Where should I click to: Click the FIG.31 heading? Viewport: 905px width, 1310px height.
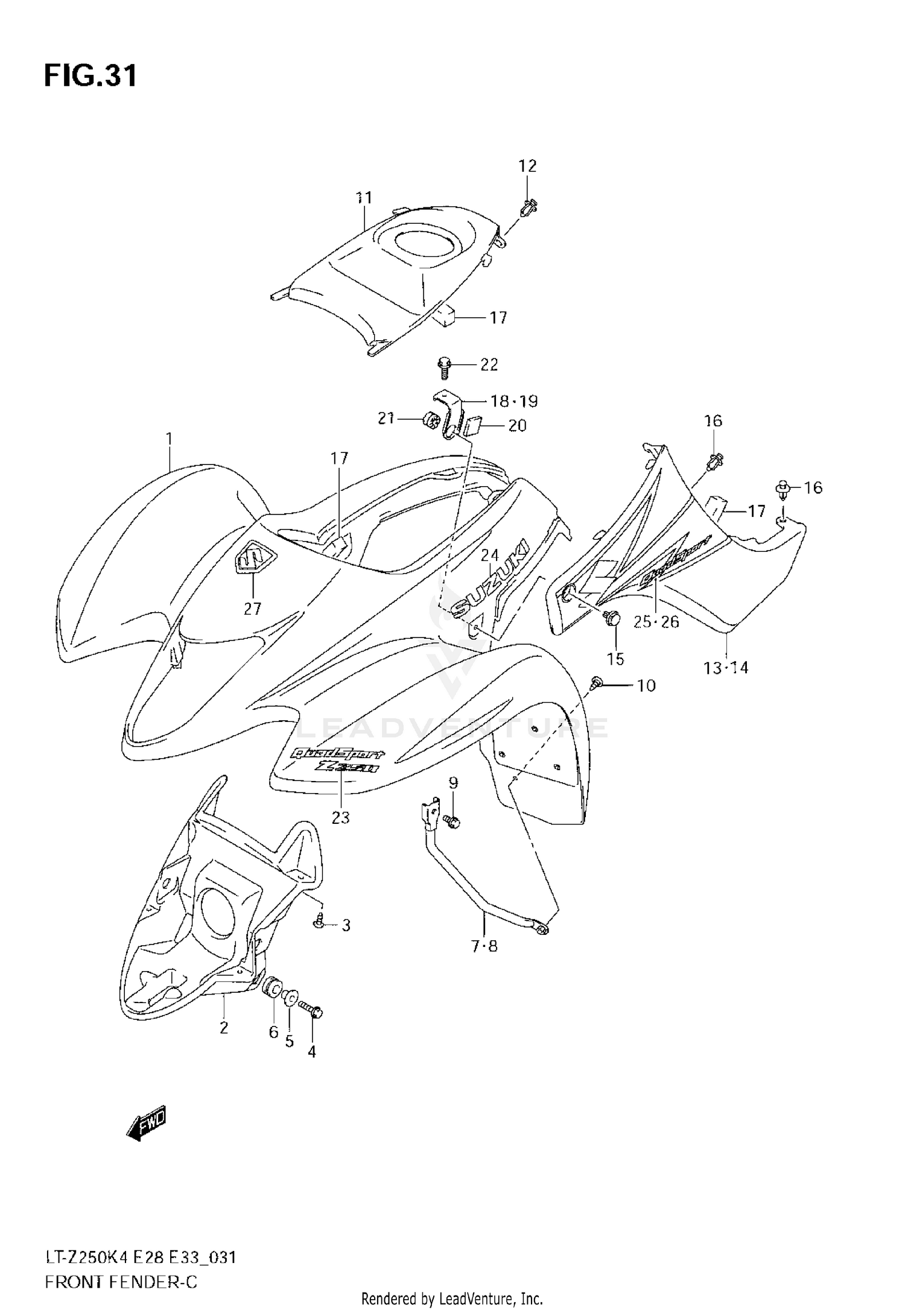[x=91, y=77]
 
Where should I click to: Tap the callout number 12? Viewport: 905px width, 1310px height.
[x=527, y=166]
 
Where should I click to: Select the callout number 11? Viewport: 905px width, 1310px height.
[x=364, y=198]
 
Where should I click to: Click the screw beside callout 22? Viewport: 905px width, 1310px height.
[x=445, y=366]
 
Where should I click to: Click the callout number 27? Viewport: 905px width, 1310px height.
[x=252, y=609]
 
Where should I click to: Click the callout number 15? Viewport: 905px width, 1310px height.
[x=615, y=659]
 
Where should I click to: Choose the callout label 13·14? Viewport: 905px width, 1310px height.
[x=726, y=668]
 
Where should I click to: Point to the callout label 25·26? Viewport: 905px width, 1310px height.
[x=656, y=622]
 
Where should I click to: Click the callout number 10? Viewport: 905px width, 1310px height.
[x=646, y=685]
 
